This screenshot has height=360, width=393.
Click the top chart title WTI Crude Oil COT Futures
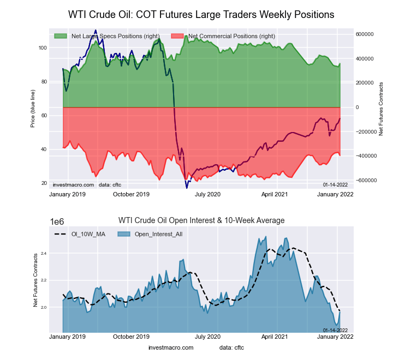(x=201, y=14)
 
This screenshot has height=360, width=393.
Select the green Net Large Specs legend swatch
(x=61, y=36)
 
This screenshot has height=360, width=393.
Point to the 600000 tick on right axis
(x=365, y=34)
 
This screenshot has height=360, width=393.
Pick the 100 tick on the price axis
(x=43, y=48)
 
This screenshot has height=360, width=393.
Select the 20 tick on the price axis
(x=44, y=183)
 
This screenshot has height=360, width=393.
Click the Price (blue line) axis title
(x=33, y=107)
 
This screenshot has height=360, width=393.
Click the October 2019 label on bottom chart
(x=131, y=337)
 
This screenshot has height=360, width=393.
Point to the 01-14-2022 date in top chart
(x=335, y=185)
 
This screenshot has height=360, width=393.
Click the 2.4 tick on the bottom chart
(x=43, y=254)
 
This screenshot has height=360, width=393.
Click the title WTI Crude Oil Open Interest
(x=201, y=220)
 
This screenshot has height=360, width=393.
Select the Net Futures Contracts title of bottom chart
(x=36, y=279)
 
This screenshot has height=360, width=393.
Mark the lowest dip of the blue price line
(x=187, y=188)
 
